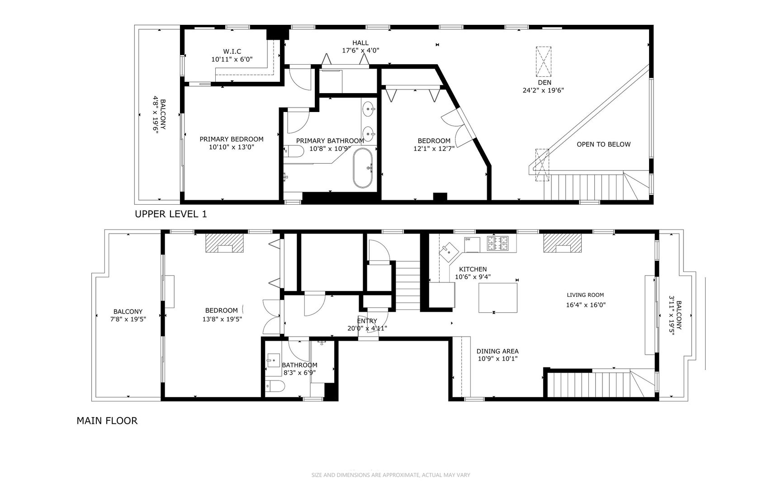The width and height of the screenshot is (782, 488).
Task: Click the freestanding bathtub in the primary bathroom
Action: pyautogui.click(x=363, y=168)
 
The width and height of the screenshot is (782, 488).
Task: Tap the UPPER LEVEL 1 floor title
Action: pyautogui.click(x=171, y=214)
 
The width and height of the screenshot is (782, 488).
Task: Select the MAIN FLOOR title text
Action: pyautogui.click(x=107, y=421)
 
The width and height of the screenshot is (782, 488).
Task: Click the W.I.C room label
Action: pyautogui.click(x=232, y=52)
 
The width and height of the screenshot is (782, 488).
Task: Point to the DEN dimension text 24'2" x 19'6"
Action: pyautogui.click(x=543, y=90)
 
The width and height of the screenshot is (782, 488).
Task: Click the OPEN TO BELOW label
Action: pyautogui.click(x=603, y=145)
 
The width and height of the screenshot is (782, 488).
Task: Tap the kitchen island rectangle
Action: pyautogui.click(x=498, y=297)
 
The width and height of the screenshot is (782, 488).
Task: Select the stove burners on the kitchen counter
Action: pyautogui.click(x=498, y=243)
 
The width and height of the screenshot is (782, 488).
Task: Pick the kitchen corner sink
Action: pyautogui.click(x=449, y=250)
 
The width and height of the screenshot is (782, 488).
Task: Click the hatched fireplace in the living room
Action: pyautogui.click(x=562, y=243)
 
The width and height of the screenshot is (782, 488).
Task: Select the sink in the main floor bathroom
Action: pyautogui.click(x=273, y=361)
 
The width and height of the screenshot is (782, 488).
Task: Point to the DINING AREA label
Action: pyautogui.click(x=497, y=351)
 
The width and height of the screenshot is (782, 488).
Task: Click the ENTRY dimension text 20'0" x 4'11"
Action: pyautogui.click(x=367, y=328)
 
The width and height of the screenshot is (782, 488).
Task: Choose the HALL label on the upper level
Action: pyautogui.click(x=360, y=43)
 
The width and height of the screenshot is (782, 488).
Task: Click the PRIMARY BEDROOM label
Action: pyautogui.click(x=231, y=139)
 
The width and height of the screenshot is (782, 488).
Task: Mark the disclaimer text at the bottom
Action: pyautogui.click(x=391, y=475)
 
